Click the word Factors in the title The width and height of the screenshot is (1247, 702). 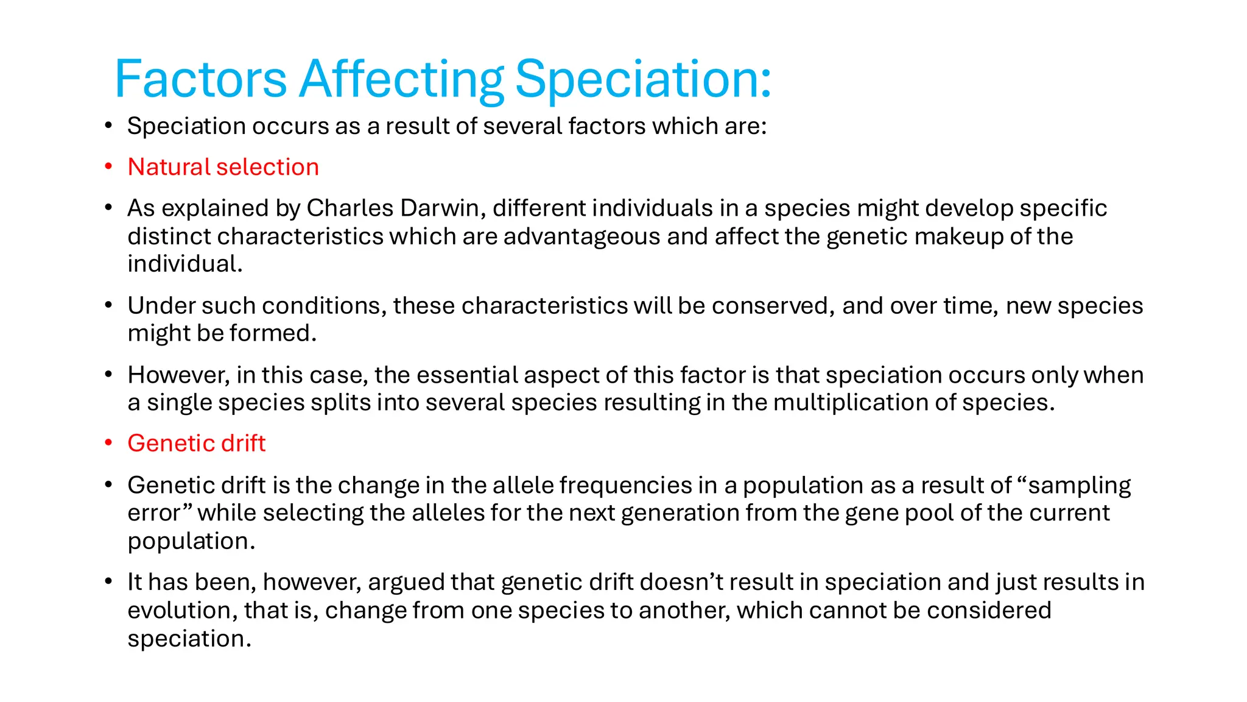point(200,79)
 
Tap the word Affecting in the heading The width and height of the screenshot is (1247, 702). point(401,80)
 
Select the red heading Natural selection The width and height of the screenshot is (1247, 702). point(223,167)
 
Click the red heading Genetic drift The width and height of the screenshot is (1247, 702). point(196,443)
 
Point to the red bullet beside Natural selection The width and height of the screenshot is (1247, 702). point(108,167)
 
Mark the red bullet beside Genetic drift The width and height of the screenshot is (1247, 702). point(108,443)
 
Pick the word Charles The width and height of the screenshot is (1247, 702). point(350,208)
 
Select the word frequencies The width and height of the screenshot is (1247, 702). point(625,485)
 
